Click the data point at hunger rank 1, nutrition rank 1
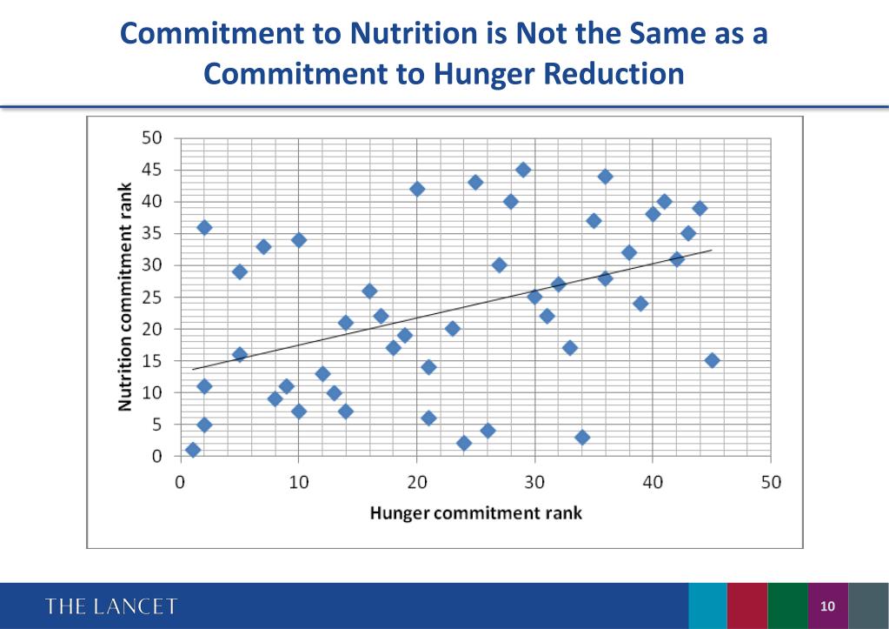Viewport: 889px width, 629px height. click(x=193, y=450)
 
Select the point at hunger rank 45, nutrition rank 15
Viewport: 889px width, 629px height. click(x=712, y=360)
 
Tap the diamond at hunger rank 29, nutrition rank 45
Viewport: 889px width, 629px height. click(x=523, y=170)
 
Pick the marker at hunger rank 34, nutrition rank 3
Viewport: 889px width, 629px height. click(x=582, y=437)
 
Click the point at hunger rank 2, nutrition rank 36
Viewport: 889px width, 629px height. click(x=204, y=227)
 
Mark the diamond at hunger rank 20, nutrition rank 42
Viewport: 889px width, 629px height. click(x=417, y=189)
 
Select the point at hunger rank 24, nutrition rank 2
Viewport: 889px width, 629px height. click(x=464, y=443)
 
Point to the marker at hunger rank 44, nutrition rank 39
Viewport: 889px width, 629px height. click(x=700, y=208)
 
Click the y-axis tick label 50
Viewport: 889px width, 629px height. click(x=151, y=137)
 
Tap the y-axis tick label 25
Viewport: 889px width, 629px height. click(x=151, y=297)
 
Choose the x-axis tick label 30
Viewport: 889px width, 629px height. click(x=534, y=483)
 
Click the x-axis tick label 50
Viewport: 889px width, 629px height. click(x=771, y=483)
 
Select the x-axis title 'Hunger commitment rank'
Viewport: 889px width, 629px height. click(x=475, y=512)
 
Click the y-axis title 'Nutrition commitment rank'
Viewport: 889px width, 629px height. click(x=125, y=296)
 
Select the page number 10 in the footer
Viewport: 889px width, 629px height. click(x=826, y=606)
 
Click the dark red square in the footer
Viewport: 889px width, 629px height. click(x=747, y=606)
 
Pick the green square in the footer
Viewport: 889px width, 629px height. click(x=787, y=606)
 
